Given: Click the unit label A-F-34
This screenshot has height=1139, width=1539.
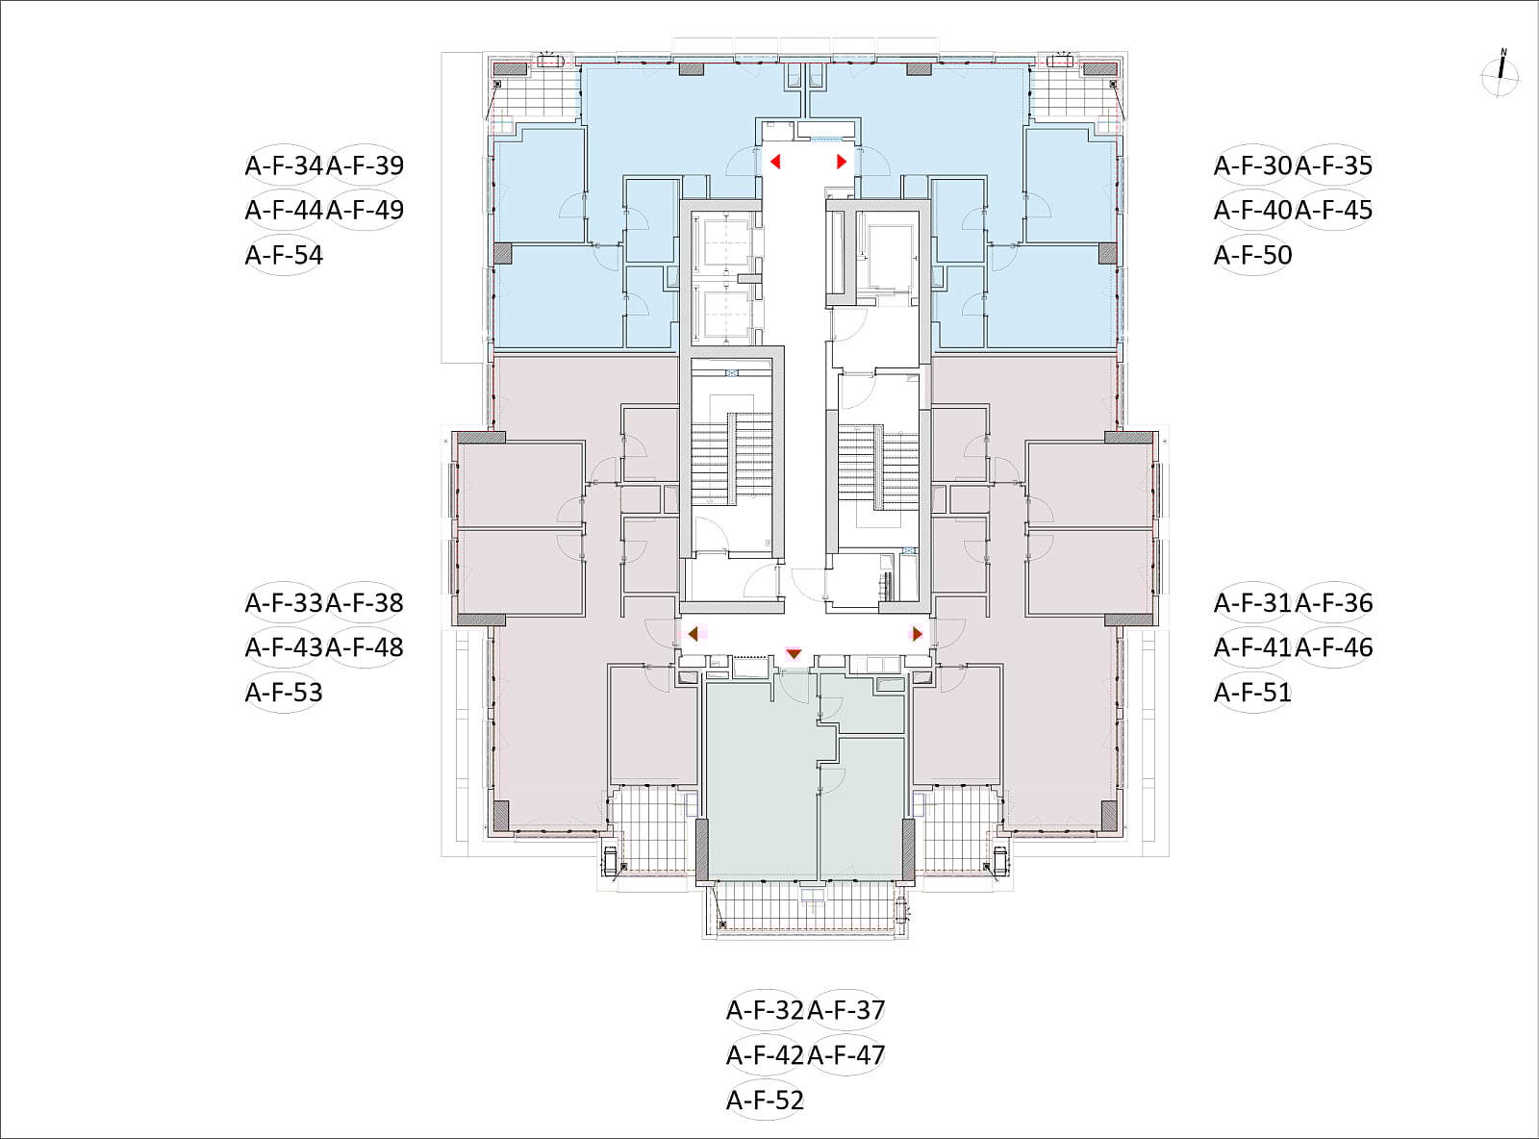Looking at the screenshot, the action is coord(284,165).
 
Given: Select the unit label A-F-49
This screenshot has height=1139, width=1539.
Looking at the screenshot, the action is coord(365,210).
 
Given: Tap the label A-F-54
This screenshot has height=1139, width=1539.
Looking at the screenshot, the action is coord(284,256).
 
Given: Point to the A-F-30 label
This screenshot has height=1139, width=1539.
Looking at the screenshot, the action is coord(1253,165).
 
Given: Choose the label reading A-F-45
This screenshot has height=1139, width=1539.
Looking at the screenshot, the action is coord(1333,210).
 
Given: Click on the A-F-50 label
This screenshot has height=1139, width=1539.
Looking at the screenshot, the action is coord(1253,256).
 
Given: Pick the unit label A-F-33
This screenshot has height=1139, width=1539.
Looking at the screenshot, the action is coord(284,603).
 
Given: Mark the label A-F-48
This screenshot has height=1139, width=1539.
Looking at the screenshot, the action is coord(365,647).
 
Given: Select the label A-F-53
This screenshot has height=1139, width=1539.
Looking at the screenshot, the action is coord(284,693).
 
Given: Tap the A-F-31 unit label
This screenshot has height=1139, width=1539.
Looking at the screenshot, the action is coord(1253,603).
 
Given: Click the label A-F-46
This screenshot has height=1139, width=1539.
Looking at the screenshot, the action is coord(1333,647).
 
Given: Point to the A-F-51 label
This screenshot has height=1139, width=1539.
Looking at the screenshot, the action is coord(1253,693).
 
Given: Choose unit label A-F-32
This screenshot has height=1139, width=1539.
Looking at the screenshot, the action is coord(766,1011).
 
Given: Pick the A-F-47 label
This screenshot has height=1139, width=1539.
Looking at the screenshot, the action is coord(846,1055).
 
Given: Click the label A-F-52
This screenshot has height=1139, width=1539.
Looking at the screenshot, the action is coord(766,1101).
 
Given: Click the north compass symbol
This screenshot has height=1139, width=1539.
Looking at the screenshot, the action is coord(1501,73).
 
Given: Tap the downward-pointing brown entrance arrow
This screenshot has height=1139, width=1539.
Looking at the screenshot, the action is coord(794,654).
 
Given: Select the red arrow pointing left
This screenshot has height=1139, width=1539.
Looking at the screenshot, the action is coord(775,162).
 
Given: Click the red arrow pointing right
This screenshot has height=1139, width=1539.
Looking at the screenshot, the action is coord(842,162).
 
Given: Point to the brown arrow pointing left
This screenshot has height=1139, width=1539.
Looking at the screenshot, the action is coord(693,634).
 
